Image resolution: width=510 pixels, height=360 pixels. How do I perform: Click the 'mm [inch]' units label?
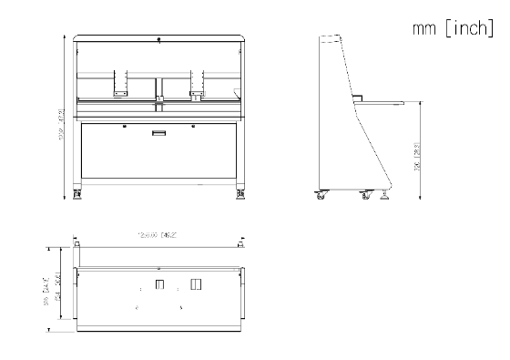453,30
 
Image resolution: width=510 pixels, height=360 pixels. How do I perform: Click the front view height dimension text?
62,117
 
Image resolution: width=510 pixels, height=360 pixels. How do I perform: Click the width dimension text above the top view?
157,235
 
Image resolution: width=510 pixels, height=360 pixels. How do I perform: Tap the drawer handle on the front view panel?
158,133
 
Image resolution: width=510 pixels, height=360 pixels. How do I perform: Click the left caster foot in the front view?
76,193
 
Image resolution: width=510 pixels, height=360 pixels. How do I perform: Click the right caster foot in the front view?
241,193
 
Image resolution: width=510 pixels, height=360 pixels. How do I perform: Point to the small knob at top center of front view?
159,39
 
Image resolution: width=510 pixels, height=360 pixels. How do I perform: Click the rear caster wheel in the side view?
320,194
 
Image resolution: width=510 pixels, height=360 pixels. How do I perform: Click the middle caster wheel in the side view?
365,194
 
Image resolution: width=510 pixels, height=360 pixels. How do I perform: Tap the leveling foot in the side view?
387,194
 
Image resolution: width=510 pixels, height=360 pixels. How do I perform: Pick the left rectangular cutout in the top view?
159,286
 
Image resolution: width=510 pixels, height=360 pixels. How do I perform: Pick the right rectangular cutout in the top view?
194,285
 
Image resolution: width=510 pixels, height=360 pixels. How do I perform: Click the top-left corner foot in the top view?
76,244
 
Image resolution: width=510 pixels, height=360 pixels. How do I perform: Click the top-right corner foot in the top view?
241,244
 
